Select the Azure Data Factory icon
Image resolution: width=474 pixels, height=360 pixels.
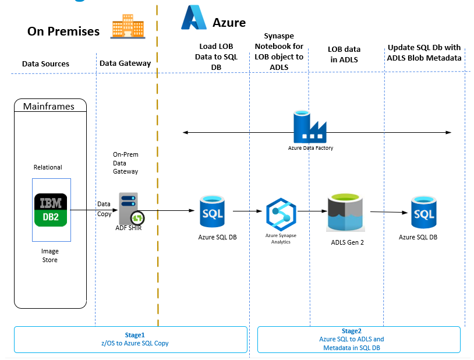point(310,128)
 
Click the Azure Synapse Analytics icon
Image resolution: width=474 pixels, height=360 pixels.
point(281,215)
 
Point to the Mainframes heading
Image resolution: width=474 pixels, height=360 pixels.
point(49,106)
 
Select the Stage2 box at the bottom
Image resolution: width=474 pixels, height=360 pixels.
point(359,339)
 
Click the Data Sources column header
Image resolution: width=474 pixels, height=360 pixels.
point(45,63)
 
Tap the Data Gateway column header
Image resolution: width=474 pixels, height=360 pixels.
point(125,63)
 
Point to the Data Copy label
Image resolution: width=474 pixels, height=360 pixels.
point(104,209)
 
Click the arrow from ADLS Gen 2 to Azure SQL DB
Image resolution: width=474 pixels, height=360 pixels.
point(388,212)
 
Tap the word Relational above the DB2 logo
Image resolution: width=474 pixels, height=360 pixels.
point(48,167)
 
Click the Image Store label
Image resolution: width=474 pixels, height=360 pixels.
point(49,256)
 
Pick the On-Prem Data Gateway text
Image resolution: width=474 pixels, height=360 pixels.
point(125,164)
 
